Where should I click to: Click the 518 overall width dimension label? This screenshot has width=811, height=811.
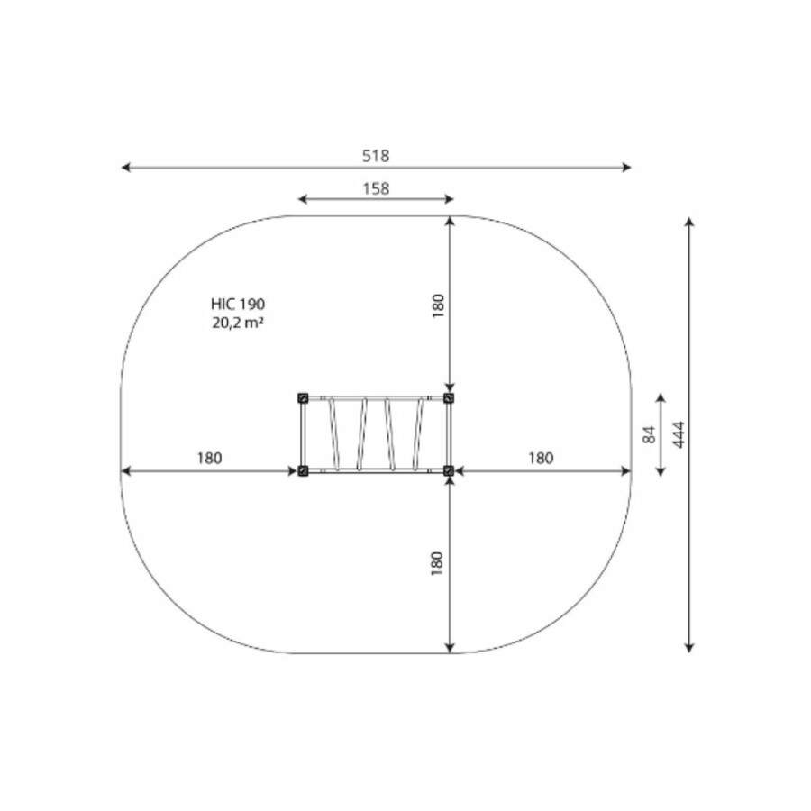(376, 156)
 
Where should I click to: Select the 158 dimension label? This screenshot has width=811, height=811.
(376, 189)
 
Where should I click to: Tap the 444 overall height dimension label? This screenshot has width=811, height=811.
(679, 434)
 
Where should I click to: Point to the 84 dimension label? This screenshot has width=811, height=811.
(649, 434)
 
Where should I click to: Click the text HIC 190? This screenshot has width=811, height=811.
(238, 305)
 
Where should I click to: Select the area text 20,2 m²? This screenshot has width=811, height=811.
(238, 323)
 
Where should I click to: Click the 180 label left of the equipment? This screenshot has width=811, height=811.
(209, 459)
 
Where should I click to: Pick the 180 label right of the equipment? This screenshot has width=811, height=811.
(541, 459)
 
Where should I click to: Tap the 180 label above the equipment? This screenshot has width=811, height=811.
(438, 305)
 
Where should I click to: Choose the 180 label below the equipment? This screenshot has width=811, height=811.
(437, 563)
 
